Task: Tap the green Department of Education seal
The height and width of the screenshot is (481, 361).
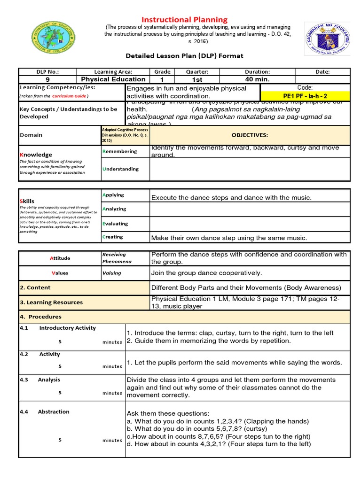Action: (x=53, y=38)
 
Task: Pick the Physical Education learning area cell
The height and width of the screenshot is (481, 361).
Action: (x=113, y=79)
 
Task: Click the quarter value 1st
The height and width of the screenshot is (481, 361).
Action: (x=196, y=79)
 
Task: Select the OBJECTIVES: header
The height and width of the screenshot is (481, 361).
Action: (x=250, y=135)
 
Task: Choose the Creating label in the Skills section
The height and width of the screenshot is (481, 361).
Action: (x=113, y=237)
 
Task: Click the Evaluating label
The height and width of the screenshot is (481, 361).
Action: (x=115, y=224)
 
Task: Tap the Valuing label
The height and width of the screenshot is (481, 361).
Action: (x=112, y=273)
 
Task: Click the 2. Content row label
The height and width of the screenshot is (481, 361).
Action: (x=35, y=287)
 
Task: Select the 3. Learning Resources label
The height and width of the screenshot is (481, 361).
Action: (x=51, y=303)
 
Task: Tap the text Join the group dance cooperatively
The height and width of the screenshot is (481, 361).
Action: (x=206, y=273)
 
